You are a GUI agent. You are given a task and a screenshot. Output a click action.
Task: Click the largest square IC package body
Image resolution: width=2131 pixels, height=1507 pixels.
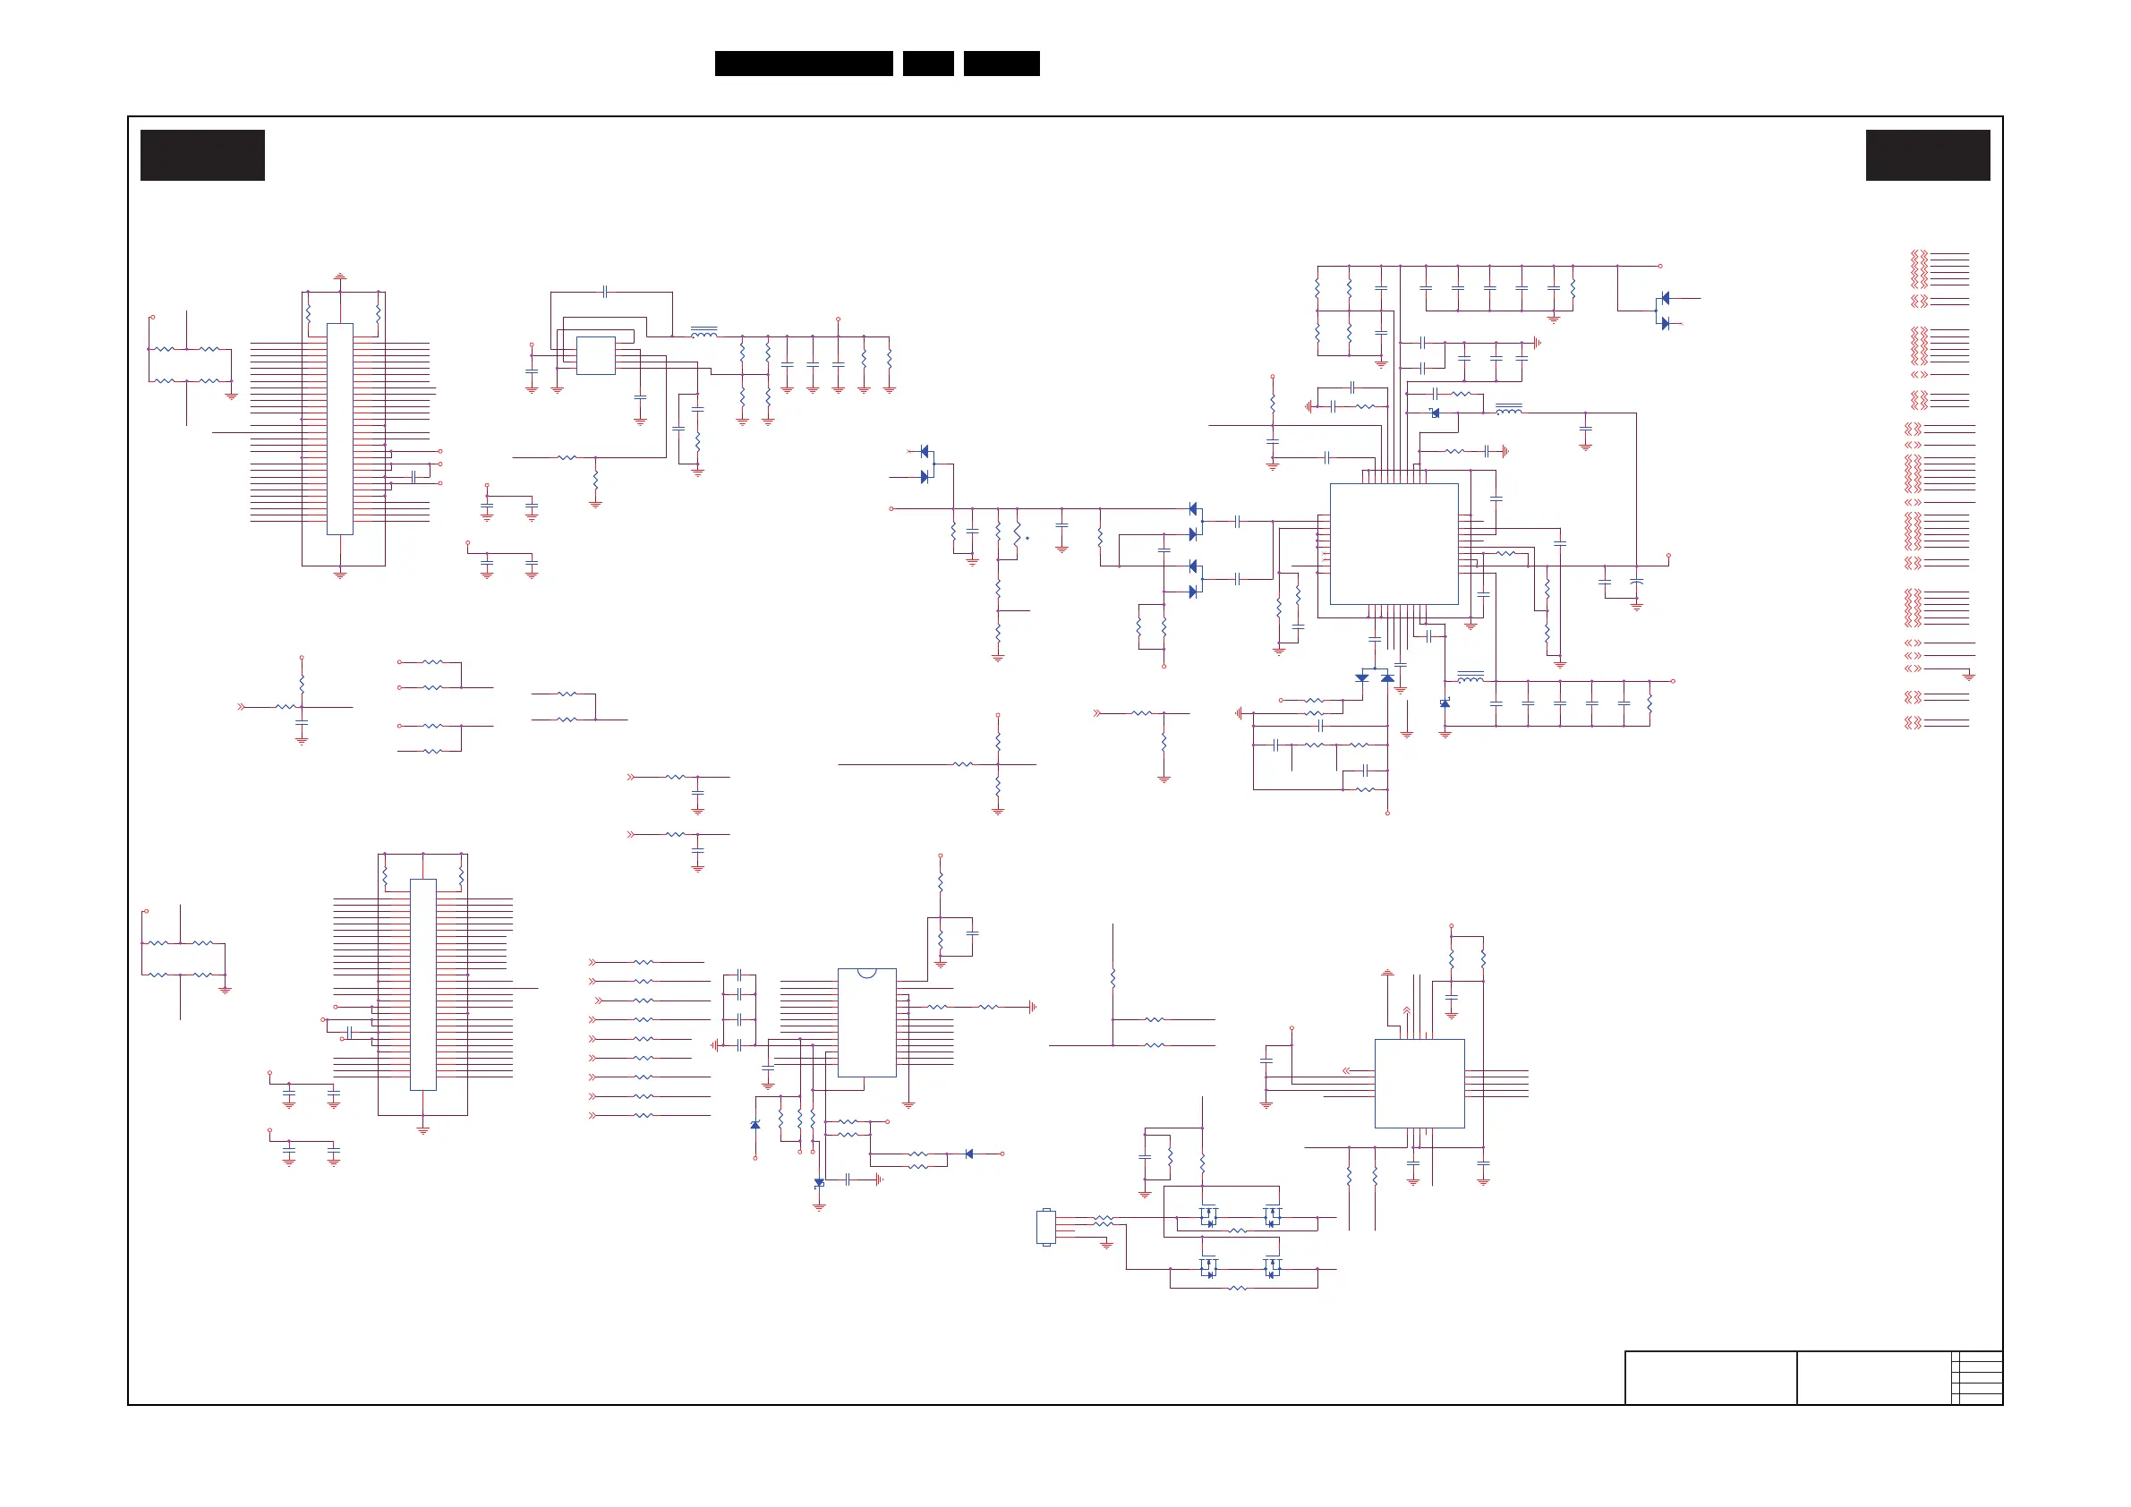click(1394, 544)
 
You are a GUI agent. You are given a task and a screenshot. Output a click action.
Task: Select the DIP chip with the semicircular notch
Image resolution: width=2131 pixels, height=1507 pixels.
click(866, 1023)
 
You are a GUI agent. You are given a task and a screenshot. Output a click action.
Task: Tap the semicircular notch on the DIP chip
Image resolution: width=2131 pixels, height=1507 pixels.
click(866, 973)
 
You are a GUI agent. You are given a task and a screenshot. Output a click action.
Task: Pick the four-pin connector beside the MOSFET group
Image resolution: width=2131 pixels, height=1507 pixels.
click(1046, 1227)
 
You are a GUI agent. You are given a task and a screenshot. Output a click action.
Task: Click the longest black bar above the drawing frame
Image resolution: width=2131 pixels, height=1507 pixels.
click(804, 64)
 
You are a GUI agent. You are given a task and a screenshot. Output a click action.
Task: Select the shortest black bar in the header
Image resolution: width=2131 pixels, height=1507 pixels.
click(928, 64)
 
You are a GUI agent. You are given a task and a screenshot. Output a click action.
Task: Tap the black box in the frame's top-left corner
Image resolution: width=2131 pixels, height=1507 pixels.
click(202, 155)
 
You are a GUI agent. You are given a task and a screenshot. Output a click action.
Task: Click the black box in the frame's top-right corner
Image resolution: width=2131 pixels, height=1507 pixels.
click(1928, 155)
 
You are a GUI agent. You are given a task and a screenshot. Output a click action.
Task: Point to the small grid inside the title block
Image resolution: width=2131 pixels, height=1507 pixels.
click(1977, 1377)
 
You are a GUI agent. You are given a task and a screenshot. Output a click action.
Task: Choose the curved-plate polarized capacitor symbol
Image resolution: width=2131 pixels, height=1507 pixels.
click(1636, 582)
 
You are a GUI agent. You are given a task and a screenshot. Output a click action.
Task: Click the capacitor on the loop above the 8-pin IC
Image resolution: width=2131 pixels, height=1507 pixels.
click(605, 292)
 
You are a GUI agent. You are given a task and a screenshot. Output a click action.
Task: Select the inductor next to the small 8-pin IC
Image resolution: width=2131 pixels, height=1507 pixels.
click(703, 331)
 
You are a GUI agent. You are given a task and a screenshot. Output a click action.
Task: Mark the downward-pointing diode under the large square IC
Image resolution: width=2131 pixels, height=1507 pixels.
click(1361, 677)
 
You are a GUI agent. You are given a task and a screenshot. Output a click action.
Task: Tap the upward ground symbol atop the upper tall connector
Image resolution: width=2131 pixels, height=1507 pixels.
click(340, 277)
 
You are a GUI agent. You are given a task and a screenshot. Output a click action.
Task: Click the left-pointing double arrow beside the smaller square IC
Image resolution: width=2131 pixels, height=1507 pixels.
click(1347, 1071)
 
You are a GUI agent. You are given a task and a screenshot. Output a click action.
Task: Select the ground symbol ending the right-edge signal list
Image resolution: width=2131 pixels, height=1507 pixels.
click(1969, 677)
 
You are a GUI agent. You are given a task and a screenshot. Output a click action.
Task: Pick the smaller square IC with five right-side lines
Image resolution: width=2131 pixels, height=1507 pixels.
click(1419, 1083)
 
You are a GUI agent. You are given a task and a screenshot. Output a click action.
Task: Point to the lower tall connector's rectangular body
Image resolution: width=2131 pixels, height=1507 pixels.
click(422, 983)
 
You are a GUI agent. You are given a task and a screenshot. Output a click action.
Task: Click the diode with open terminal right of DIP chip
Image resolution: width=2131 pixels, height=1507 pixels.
click(969, 1154)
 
